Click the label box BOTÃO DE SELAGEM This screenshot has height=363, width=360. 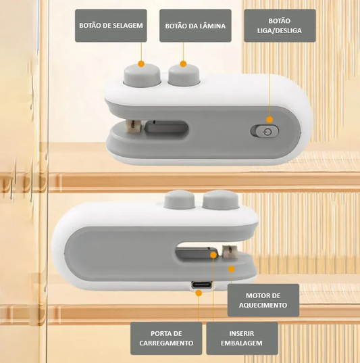[111, 26]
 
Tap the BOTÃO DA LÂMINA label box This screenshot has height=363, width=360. [195, 26]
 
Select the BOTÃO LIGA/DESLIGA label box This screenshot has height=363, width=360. [280, 26]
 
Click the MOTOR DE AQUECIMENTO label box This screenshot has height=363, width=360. [263, 300]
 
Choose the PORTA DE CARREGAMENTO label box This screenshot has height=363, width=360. [166, 338]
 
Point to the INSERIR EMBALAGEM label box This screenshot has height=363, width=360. [242, 338]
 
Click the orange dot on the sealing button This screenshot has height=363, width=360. [141, 64]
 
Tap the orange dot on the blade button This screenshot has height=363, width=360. [183, 64]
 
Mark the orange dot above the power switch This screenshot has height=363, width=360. [269, 120]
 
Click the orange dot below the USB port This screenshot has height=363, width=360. [199, 293]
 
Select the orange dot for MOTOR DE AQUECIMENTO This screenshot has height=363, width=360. [232, 269]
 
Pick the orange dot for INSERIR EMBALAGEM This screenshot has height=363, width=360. [213, 255]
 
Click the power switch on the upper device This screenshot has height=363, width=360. [265, 132]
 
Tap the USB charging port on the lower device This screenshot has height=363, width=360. [201, 285]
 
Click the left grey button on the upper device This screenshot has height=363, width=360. [142, 75]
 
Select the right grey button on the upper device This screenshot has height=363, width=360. [184, 75]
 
